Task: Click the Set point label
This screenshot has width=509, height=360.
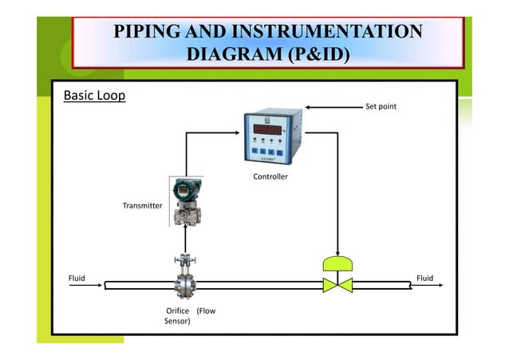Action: pyautogui.click(x=381, y=106)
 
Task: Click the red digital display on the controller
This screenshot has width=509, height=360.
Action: pyautogui.click(x=272, y=128)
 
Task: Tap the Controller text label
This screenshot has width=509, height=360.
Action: pyautogui.click(x=270, y=176)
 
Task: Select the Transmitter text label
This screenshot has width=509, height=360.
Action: pyautogui.click(x=142, y=206)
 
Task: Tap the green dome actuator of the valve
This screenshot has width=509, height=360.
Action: pyautogui.click(x=338, y=263)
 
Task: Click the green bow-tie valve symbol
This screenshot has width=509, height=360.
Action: pyautogui.click(x=338, y=284)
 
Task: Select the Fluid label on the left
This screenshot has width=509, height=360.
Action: pyautogui.click(x=77, y=279)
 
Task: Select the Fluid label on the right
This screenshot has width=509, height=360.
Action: pyautogui.click(x=425, y=279)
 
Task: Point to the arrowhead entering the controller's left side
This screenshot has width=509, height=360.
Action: pyautogui.click(x=239, y=133)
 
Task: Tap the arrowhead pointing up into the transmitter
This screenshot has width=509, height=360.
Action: pyautogui.click(x=185, y=227)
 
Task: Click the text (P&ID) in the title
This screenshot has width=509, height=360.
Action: pyautogui.click(x=308, y=54)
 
